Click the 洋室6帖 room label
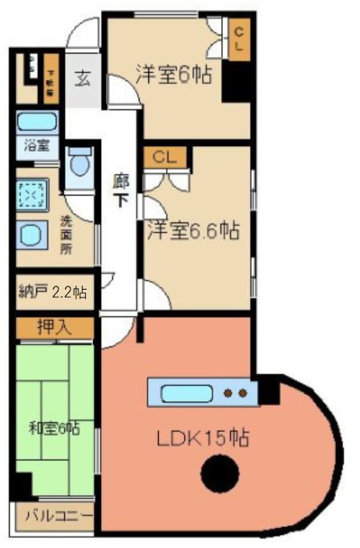[173, 75]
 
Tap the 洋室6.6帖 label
[192, 231]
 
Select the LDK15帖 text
[202, 438]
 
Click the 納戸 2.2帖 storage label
[52, 293]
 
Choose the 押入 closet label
[55, 327]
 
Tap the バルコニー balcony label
[56, 516]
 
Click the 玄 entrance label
[83, 79]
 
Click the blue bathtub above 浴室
[36, 123]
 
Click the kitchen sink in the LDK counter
[186, 394]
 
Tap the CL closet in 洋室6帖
[238, 39]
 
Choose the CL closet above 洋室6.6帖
[165, 156]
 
